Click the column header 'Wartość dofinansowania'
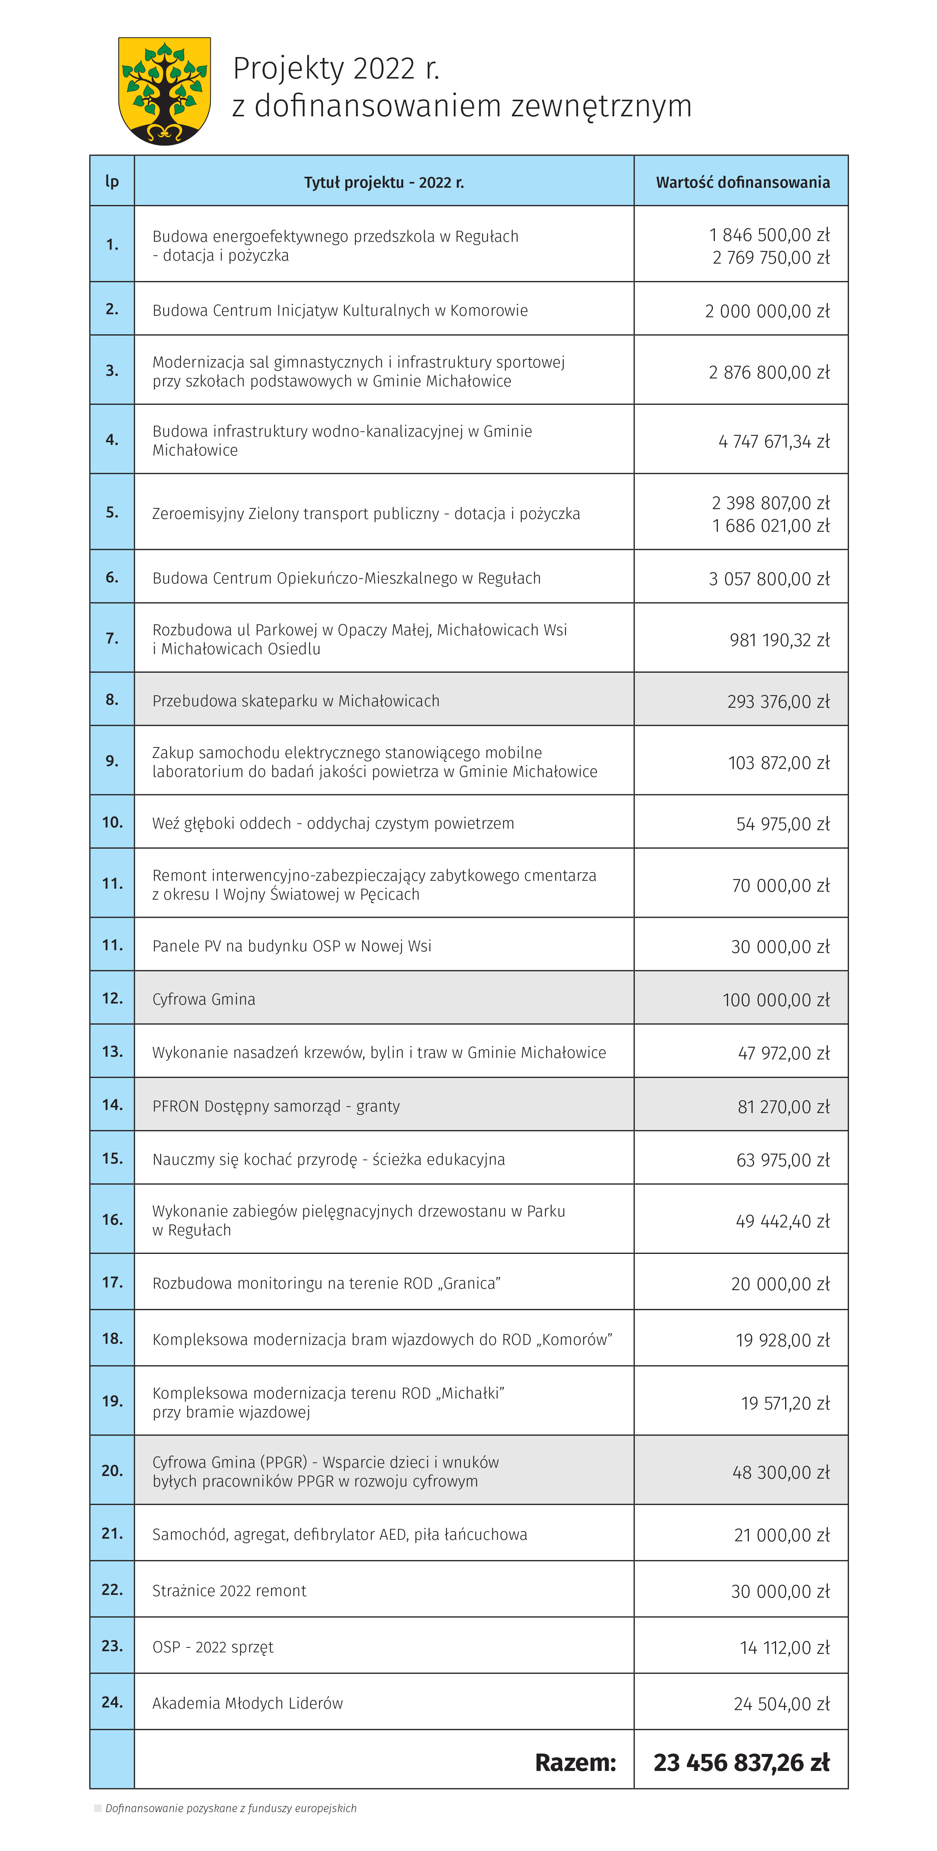tap(742, 182)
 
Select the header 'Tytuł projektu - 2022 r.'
tap(384, 182)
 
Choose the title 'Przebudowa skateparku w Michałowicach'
tap(296, 701)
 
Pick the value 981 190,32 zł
tap(779, 639)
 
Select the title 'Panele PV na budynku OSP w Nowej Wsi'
tap(292, 946)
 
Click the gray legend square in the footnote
tap(98, 1808)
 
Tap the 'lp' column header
tap(112, 181)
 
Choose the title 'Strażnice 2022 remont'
tap(229, 1591)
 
